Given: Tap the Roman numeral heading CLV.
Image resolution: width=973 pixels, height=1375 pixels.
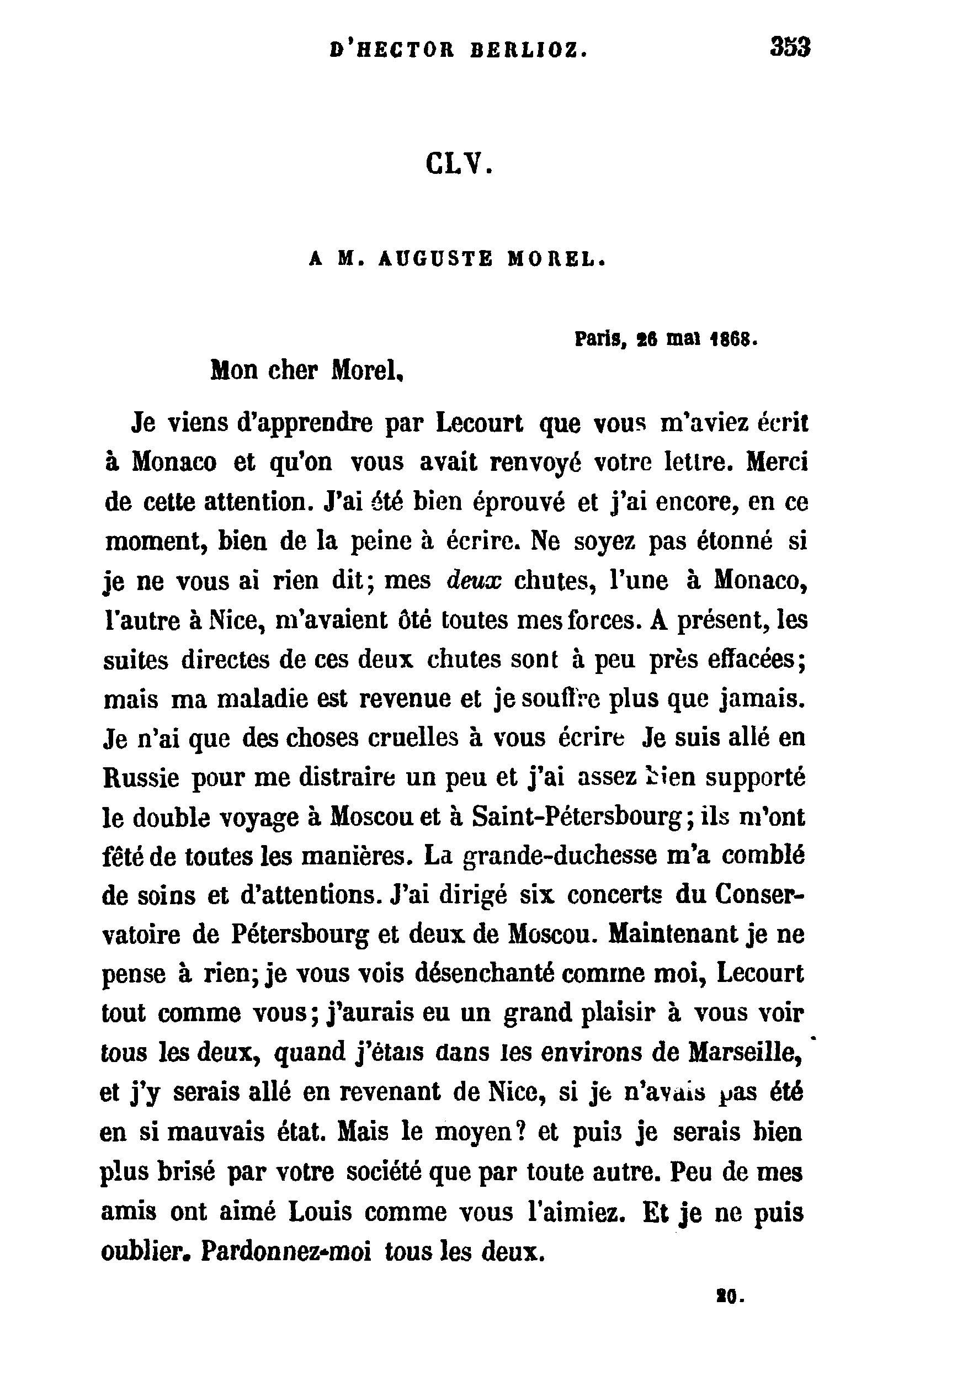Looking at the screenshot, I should pyautogui.click(x=458, y=163).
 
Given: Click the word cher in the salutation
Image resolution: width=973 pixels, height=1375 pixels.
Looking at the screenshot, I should pyautogui.click(x=292, y=371).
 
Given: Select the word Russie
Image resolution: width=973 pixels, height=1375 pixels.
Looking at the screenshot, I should pyautogui.click(x=141, y=778).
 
